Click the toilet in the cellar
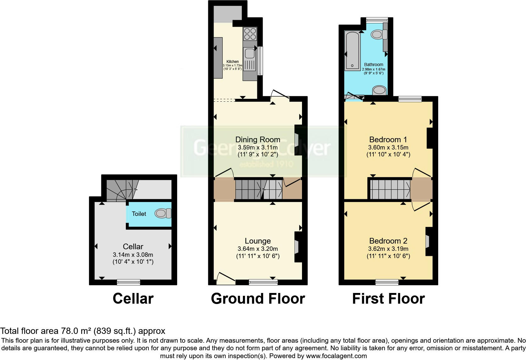(x=163, y=213)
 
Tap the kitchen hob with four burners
(x=250, y=34)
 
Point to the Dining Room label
(x=258, y=139)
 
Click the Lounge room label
(x=258, y=241)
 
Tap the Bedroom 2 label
(x=388, y=241)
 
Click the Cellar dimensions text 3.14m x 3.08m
(x=133, y=255)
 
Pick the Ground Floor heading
(x=258, y=299)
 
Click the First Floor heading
(x=389, y=299)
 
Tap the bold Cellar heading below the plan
(x=133, y=299)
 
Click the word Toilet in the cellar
(x=139, y=214)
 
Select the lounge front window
(x=263, y=282)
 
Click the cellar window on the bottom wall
(x=128, y=282)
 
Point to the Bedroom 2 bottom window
(x=387, y=282)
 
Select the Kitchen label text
(x=232, y=62)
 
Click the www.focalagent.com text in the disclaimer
(x=336, y=356)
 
